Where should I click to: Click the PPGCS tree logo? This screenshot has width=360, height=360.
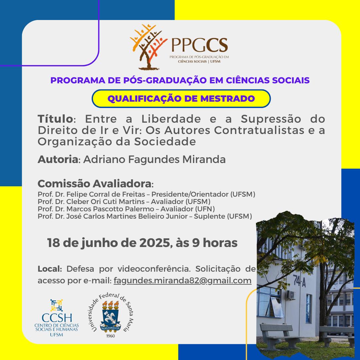[x=148, y=47]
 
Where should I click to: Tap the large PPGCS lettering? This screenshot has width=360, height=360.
[x=200, y=45]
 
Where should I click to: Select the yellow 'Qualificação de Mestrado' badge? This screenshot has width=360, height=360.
[x=181, y=98]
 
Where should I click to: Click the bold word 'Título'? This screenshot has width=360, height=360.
[x=55, y=119]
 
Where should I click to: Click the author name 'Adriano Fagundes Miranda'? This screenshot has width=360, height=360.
[x=154, y=159]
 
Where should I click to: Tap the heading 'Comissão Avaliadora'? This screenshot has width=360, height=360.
[x=94, y=184]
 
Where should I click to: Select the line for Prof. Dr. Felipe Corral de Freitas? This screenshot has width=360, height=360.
[x=146, y=194]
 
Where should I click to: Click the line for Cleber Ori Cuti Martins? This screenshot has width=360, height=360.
[x=124, y=202]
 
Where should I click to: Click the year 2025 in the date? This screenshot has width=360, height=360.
[x=155, y=243]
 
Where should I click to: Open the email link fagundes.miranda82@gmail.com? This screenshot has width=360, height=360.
[x=183, y=281]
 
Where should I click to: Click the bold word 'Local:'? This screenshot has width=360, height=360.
[x=50, y=269]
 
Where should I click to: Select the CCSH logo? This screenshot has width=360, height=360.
[x=56, y=318]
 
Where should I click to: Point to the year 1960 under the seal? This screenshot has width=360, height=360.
[x=110, y=336]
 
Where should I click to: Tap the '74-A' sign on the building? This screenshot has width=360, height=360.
[x=299, y=281]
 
